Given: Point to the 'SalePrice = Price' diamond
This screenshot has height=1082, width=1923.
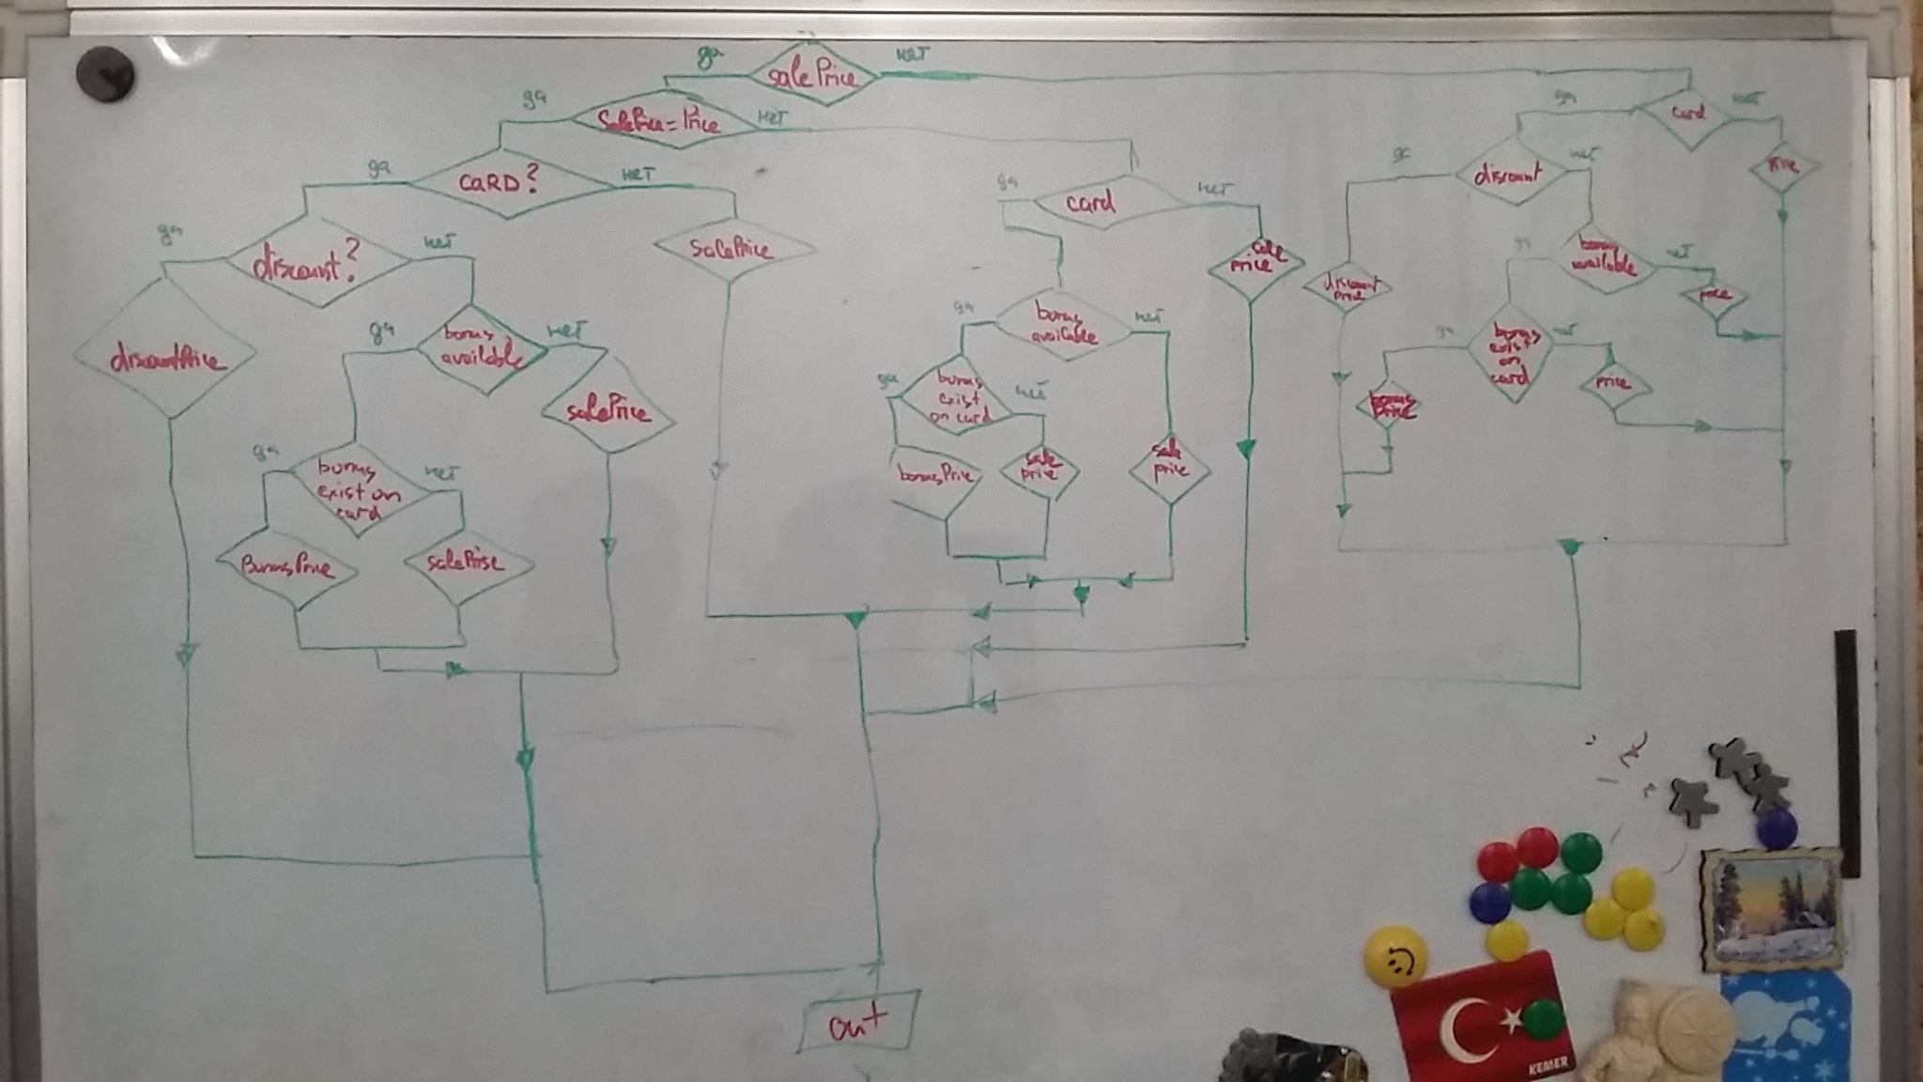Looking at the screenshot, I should pos(659,120).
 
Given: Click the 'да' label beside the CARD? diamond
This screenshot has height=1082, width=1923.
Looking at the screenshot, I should pos(378,168).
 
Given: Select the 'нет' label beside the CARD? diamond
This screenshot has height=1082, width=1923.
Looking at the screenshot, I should pos(637,174).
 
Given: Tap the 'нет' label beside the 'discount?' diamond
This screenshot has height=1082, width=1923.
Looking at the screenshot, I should pos(438,242).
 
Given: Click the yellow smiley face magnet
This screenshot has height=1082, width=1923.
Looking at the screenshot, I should pos(1396,957).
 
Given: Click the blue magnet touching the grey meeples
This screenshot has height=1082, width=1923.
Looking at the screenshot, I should pos(1776,827).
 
